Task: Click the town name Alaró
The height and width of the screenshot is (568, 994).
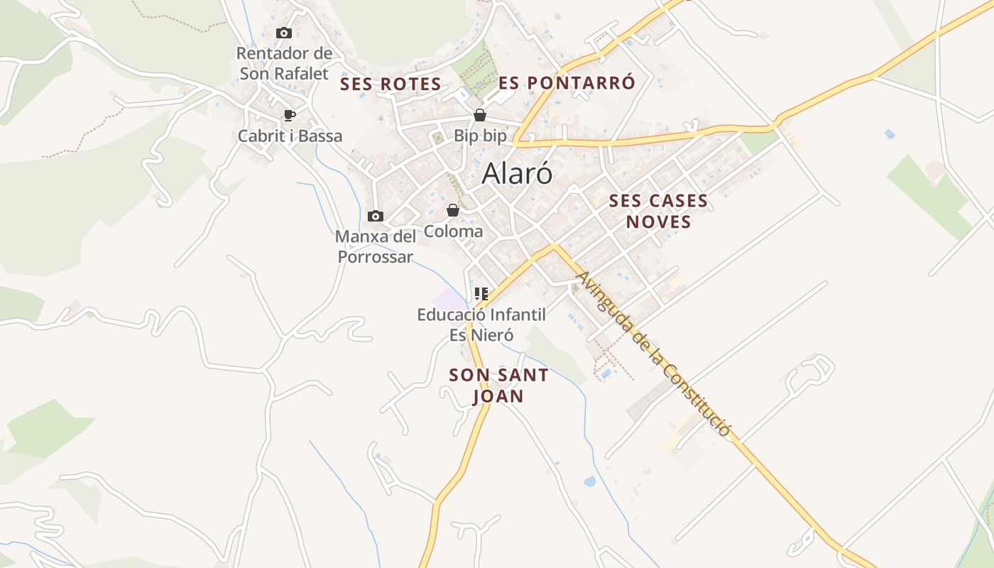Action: (x=517, y=173)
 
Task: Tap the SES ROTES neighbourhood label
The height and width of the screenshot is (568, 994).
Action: (x=390, y=84)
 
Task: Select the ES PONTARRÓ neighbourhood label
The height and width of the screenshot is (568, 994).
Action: (x=567, y=82)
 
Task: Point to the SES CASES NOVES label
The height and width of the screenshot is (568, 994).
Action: (x=658, y=211)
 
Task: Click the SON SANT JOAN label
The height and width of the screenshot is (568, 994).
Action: (x=499, y=386)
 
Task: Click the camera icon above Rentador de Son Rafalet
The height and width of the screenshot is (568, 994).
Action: (x=284, y=33)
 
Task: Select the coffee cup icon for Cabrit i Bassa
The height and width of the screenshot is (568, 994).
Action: (x=289, y=115)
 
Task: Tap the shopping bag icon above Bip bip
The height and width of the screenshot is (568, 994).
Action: (x=480, y=115)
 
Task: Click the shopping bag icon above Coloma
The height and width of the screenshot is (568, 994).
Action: (x=452, y=210)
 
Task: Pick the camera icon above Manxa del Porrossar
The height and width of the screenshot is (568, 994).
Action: (x=376, y=216)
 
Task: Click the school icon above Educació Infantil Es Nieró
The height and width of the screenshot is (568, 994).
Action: (x=481, y=293)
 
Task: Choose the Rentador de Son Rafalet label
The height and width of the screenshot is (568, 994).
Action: (x=284, y=63)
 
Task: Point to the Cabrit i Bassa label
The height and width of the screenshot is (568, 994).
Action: (x=290, y=136)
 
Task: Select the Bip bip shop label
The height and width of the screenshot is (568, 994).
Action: (x=481, y=136)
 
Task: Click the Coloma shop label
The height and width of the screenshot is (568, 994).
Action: (x=453, y=231)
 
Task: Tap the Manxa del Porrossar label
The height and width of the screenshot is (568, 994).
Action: (x=376, y=246)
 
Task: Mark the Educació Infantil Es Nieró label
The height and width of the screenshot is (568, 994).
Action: (x=481, y=324)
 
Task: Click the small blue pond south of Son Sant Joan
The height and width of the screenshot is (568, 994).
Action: (x=590, y=481)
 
